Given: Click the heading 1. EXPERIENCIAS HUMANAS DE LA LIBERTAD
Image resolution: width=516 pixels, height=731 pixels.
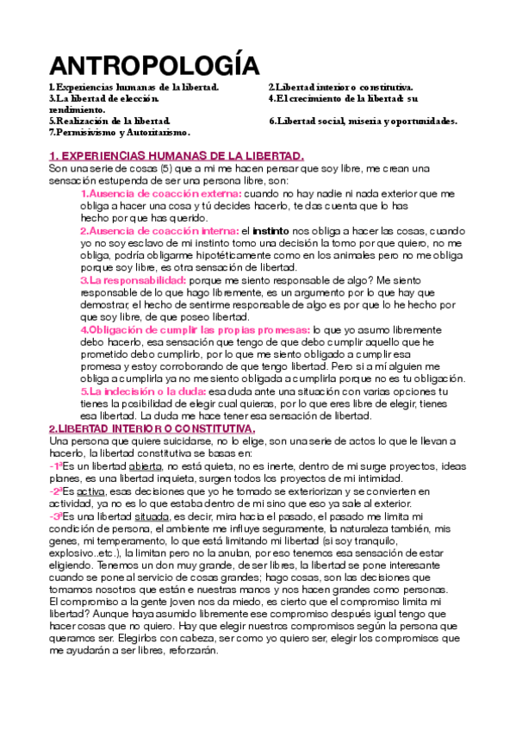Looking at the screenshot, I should point(177,156).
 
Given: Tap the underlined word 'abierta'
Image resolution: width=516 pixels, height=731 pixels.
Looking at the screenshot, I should point(146,466).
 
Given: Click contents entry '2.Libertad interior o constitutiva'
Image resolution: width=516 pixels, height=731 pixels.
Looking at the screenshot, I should point(341,88).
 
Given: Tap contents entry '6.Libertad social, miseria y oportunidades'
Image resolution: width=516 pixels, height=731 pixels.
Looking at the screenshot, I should point(363,122).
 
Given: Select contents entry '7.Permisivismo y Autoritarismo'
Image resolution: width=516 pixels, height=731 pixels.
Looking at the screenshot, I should point(120,133).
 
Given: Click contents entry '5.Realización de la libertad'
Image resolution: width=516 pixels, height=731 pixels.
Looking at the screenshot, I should point(110,122).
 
